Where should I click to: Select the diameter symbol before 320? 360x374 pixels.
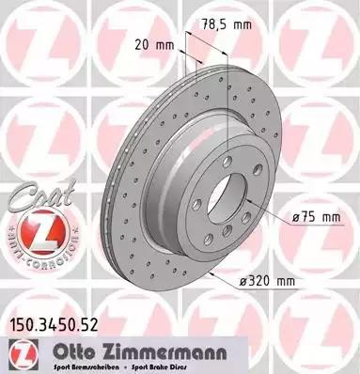238,281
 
